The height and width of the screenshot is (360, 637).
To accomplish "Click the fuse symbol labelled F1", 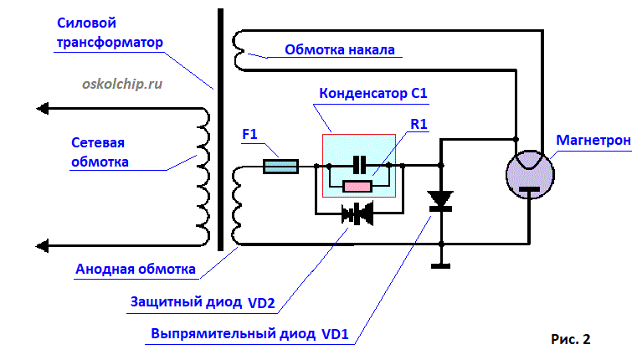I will click(x=280, y=167).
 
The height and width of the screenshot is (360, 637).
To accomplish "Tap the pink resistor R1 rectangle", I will click(x=358, y=186).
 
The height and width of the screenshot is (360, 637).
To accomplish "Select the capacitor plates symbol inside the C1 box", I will click(x=359, y=165).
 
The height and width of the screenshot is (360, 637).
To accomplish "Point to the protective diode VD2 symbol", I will click(x=358, y=214).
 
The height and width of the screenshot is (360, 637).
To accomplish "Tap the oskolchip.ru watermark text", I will click(x=122, y=83).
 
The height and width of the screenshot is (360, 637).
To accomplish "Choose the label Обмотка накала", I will click(x=339, y=49).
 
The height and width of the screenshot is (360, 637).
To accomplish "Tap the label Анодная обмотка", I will click(x=136, y=270).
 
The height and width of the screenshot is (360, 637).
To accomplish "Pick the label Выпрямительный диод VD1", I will click(x=249, y=333).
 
